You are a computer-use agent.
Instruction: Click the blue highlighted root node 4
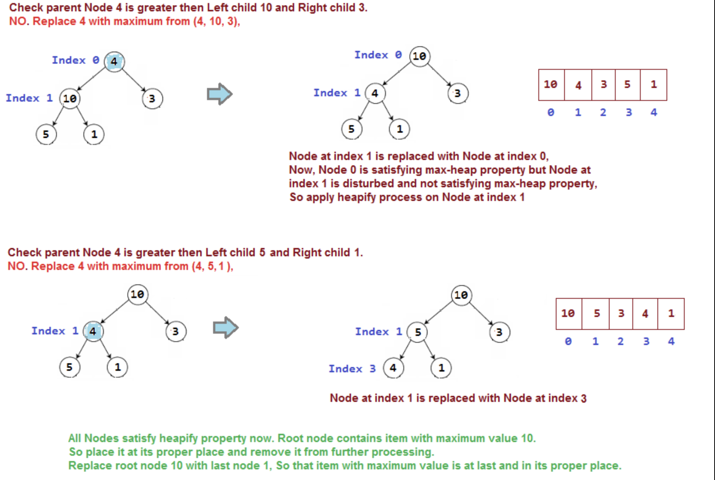tap(114, 61)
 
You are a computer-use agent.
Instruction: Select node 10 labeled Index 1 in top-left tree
tap(70, 99)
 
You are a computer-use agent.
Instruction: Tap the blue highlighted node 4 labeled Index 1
tap(93, 331)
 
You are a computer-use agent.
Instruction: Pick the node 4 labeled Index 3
tap(393, 368)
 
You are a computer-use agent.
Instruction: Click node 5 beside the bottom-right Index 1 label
tap(417, 332)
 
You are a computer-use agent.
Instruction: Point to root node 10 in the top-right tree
tap(419, 56)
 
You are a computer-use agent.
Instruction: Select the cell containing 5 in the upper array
tap(627, 85)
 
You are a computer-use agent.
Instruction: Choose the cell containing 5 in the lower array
tap(596, 314)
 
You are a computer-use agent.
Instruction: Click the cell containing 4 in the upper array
tap(578, 85)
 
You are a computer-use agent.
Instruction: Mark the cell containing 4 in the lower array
tap(645, 314)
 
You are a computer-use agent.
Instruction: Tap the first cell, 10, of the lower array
tap(568, 314)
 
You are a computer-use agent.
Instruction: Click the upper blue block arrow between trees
tap(220, 94)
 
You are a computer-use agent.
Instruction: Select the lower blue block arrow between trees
tap(226, 328)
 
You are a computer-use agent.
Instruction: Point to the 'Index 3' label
tap(352, 369)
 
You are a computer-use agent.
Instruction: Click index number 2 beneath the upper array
tap(603, 113)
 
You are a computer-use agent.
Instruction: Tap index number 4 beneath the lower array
tap(671, 342)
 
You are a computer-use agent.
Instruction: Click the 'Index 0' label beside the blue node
tap(75, 60)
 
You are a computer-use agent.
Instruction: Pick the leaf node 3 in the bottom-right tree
tap(499, 332)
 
